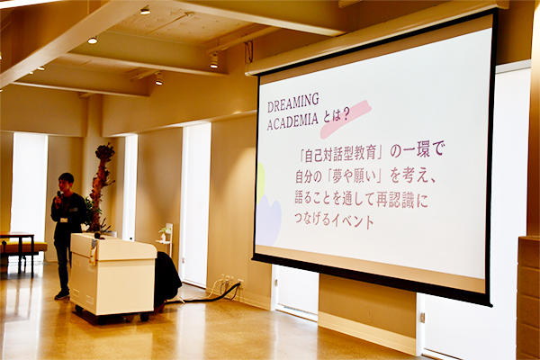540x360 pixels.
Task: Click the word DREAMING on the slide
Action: click(293, 102)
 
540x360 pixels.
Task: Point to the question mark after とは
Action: click(343, 115)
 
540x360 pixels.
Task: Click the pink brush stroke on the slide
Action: click(345, 119)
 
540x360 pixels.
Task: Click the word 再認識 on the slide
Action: click(395, 200)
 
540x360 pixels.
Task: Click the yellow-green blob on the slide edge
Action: click(260, 184)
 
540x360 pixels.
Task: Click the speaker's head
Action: click(66, 183)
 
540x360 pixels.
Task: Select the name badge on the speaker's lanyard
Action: click(64, 220)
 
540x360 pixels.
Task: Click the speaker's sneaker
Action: click(62, 295)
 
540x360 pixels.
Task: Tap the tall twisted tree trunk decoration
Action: click(100, 187)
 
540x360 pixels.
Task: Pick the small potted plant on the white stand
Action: click(166, 233)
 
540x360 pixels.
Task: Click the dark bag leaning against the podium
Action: click(167, 278)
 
